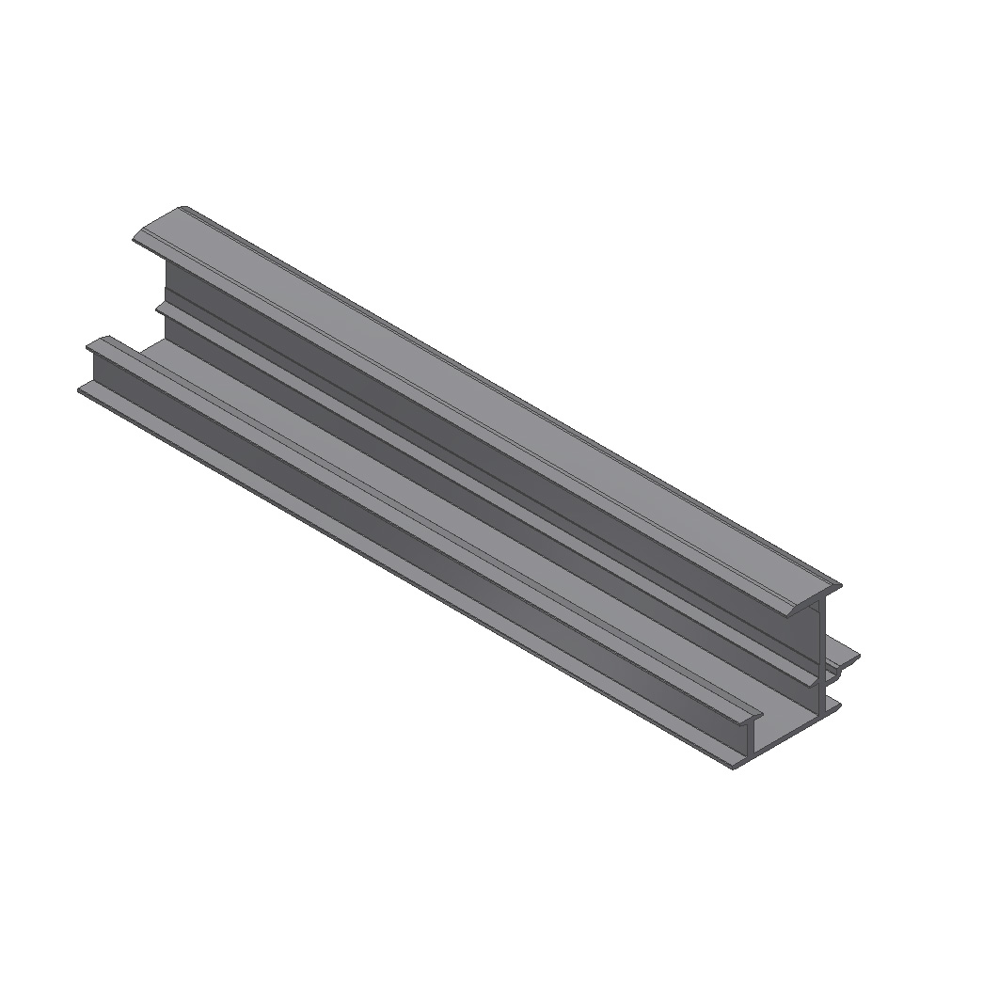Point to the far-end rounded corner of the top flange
pos(183,210)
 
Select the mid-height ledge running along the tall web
pos(470,489)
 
